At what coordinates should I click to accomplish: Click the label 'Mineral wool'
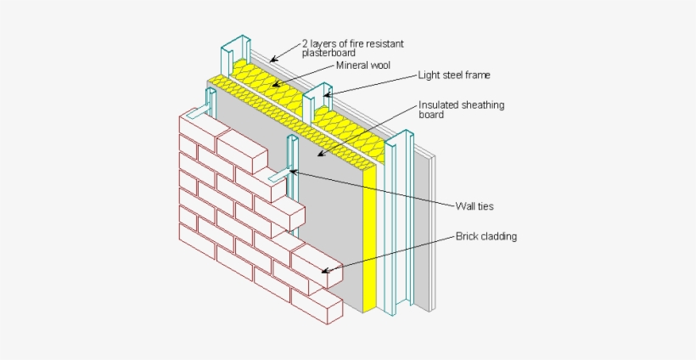pos(362,65)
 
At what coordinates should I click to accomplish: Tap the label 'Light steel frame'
pos(453,75)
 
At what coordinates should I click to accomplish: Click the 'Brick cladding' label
pos(486,236)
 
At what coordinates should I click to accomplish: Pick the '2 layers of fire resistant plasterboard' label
pos(358,46)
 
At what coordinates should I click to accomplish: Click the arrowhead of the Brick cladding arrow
pos(323,273)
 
